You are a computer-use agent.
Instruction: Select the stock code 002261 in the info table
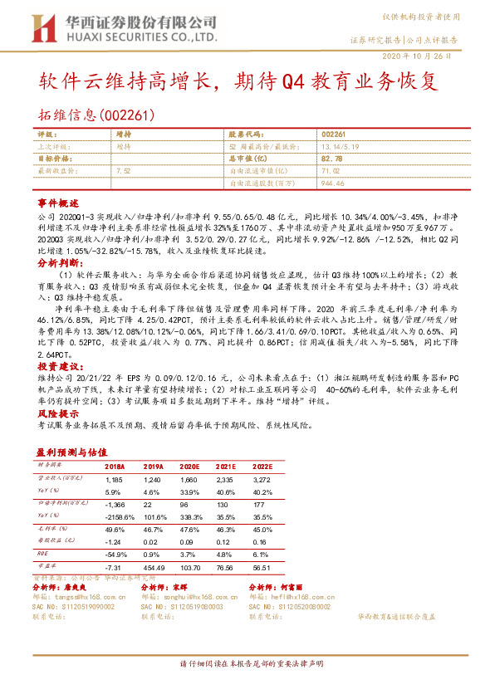tap(333, 133)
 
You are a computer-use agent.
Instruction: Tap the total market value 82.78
tap(331, 158)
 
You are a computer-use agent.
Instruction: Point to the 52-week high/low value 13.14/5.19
tap(341, 145)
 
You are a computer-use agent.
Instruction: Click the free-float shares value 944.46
tap(333, 182)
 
